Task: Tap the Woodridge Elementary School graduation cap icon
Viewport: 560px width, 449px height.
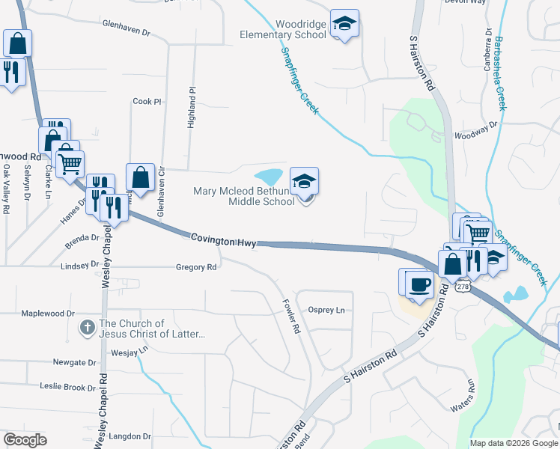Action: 344,25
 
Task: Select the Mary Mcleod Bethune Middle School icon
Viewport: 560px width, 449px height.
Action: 304,183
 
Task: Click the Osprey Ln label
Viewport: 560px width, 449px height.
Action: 326,310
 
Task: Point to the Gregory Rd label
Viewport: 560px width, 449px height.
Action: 195,266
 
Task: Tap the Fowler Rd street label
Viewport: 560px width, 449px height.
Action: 290,317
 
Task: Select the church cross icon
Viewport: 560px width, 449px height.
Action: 87,328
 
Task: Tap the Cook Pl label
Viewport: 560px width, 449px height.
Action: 146,101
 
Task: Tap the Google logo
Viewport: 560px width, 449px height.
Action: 25,439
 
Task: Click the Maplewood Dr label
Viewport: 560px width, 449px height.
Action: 48,314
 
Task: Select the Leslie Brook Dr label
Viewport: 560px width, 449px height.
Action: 67,387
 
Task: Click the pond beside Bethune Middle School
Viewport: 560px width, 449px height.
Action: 269,177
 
